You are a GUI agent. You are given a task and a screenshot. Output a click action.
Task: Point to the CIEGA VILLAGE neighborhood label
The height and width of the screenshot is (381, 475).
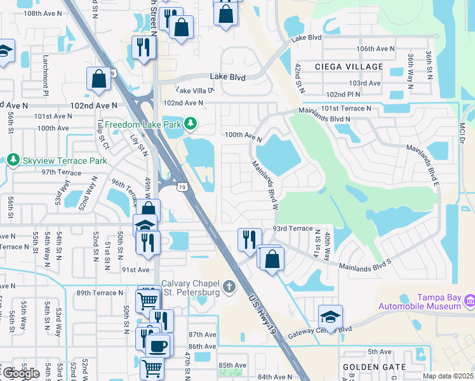tap(349, 67)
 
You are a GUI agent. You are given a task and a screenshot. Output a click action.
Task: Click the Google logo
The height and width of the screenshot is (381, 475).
tap(21, 373)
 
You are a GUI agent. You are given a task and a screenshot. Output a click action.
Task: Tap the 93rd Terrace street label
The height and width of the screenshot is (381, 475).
tap(293, 228)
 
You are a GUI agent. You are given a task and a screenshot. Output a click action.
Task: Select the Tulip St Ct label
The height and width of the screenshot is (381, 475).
tap(103, 133)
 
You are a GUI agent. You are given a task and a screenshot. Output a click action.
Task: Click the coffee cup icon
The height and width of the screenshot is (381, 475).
tap(158, 346)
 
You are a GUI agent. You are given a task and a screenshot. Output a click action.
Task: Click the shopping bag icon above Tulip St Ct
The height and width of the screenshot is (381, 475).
tap(98, 79)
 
